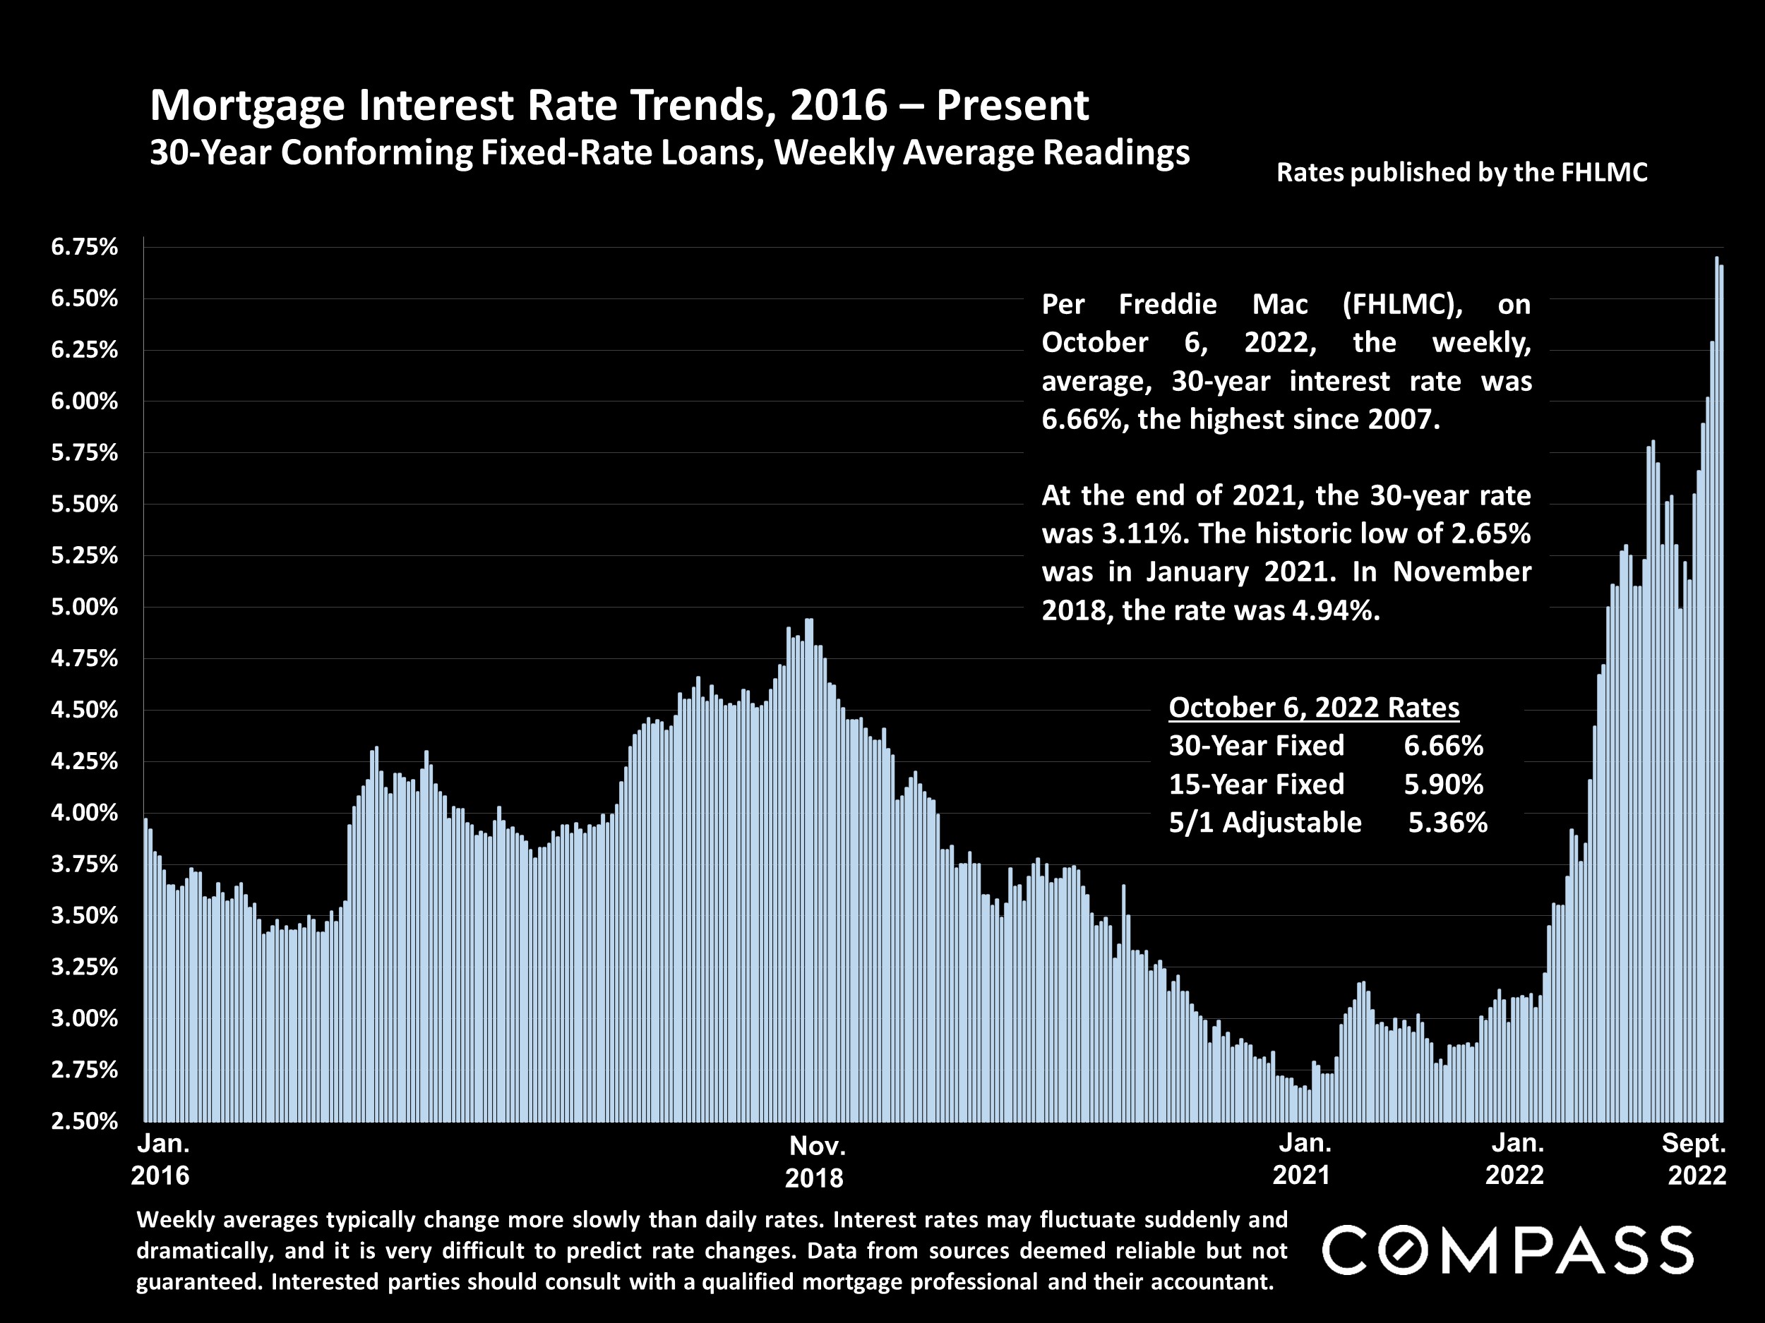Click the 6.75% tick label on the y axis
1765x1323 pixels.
pos(84,247)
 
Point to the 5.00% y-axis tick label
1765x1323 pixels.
pos(84,608)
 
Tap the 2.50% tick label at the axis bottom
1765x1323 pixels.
pos(84,1121)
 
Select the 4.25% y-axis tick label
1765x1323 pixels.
pos(84,761)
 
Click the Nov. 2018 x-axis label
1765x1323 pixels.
pos(815,1162)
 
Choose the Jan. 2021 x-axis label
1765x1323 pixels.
pos(1304,1159)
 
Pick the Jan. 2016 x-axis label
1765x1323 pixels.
pos(162,1159)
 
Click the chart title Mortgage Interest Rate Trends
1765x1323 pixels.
pos(619,105)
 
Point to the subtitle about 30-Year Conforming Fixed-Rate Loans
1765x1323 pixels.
pos(669,152)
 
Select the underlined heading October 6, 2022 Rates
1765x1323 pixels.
pos(1313,707)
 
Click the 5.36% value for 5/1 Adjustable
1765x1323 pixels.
pos(1447,822)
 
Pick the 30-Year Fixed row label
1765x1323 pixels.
pos(1256,746)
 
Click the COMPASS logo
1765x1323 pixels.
pos(1507,1250)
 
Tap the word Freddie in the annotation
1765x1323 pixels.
pos(1167,304)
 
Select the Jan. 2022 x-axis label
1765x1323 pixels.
pos(1516,1159)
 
